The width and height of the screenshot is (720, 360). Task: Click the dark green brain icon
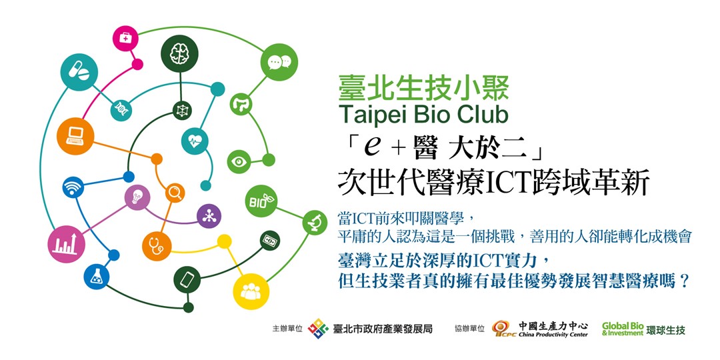(179, 54)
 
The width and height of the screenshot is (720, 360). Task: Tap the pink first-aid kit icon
(125, 38)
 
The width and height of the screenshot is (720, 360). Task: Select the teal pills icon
(79, 72)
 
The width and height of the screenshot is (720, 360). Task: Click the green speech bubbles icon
(279, 62)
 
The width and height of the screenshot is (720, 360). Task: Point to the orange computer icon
(75, 136)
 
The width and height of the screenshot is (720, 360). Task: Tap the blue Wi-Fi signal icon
(73, 187)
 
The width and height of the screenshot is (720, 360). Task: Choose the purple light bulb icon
(137, 197)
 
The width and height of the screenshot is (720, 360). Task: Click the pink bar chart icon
(66, 244)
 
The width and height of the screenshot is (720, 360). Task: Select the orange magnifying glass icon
(175, 193)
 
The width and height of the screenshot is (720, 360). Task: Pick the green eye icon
(239, 161)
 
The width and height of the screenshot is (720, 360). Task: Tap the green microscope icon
(315, 223)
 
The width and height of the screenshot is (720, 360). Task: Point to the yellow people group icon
(251, 291)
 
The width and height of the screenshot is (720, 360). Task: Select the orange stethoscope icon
(157, 247)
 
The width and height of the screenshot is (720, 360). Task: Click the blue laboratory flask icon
(97, 277)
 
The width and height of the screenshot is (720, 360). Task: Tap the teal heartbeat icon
(195, 141)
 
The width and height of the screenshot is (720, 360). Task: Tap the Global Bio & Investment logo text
(623, 329)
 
